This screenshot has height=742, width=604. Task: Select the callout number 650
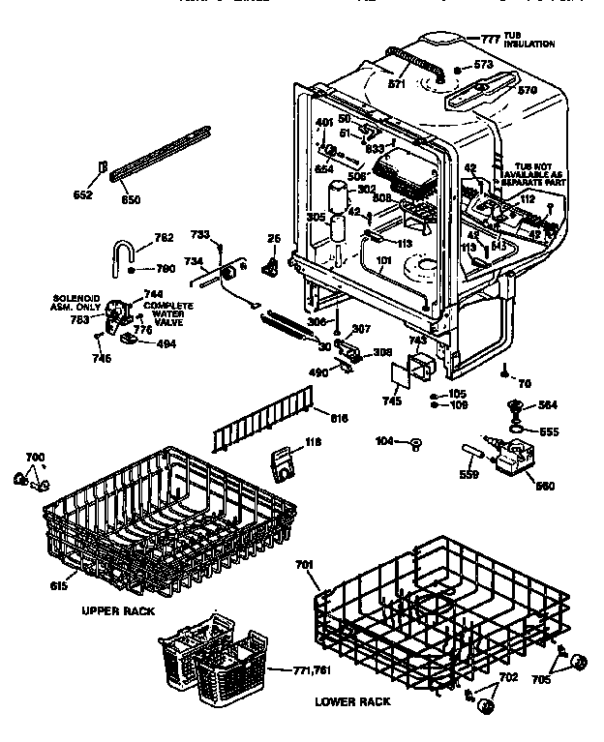tap(130, 200)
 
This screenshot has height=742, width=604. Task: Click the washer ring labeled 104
tap(416, 444)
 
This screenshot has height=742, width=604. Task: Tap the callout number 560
tap(545, 485)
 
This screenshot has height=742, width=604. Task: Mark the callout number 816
tap(339, 418)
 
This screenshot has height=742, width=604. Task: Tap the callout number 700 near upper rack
tap(34, 457)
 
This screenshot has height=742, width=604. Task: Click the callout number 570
tap(527, 90)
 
